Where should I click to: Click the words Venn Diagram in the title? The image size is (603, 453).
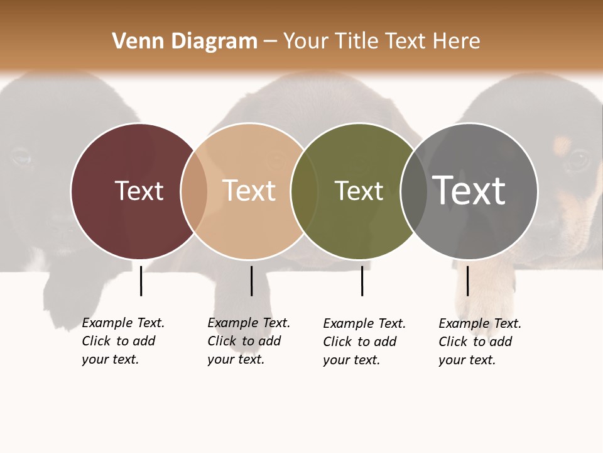(x=185, y=42)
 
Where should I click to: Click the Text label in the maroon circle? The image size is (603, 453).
(x=139, y=191)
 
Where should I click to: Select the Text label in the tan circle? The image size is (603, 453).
(x=249, y=191)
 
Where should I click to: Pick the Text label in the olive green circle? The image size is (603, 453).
(x=359, y=191)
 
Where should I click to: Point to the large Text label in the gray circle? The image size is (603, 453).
(x=469, y=191)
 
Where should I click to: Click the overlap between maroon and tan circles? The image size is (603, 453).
(x=194, y=191)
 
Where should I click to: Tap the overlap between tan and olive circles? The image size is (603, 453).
(x=304, y=191)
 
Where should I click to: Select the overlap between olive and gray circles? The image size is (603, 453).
(x=413, y=191)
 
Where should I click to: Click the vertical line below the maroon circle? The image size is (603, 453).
(x=141, y=281)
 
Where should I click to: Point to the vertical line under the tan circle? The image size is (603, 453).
(x=251, y=281)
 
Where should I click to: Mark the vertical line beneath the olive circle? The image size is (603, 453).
(x=362, y=281)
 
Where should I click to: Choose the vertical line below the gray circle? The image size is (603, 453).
(x=467, y=281)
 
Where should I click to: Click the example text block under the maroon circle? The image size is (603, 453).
(x=123, y=341)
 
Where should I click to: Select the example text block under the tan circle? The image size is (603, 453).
(x=249, y=341)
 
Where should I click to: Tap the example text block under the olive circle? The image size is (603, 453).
(x=364, y=342)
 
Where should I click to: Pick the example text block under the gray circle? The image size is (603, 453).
(x=480, y=342)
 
